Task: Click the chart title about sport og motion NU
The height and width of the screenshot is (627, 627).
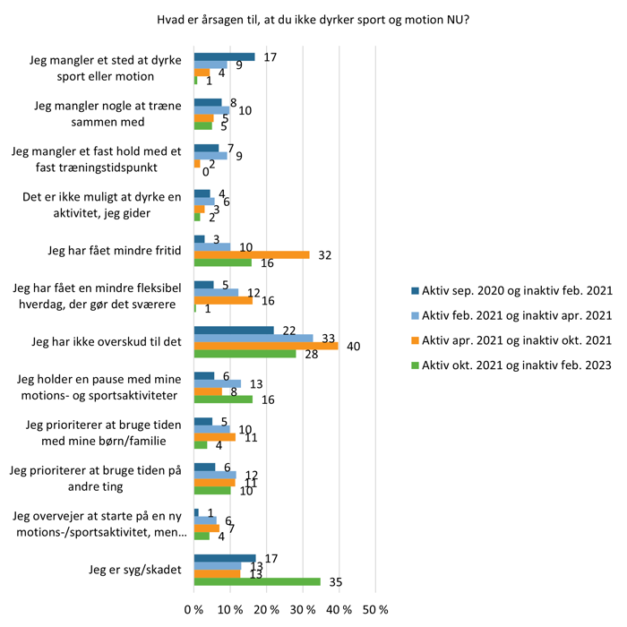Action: click(x=313, y=20)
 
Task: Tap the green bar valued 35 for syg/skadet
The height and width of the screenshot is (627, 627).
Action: click(x=257, y=581)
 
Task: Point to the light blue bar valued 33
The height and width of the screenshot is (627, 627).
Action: click(x=253, y=338)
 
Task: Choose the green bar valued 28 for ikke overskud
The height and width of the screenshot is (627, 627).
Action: click(x=245, y=354)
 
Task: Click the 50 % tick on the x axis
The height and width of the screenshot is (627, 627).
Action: click(x=375, y=609)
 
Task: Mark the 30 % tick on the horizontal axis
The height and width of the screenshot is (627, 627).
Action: click(x=303, y=609)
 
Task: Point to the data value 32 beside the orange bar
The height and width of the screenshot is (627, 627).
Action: click(x=325, y=255)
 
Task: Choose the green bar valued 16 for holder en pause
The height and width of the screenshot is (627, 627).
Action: click(x=223, y=399)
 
